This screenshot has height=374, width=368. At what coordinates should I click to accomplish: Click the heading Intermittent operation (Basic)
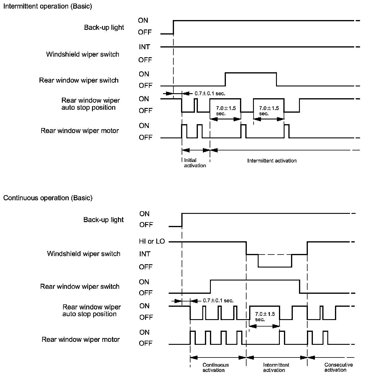pos(47,6)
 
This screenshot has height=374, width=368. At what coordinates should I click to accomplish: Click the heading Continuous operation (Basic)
pos(48,198)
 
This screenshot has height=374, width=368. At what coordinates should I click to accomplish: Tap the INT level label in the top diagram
pos(144,47)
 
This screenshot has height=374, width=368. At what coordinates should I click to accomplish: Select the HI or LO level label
pos(152,242)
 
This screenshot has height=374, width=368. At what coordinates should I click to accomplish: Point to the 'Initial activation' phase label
pos(195,163)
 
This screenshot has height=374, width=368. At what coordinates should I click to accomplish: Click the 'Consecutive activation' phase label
pos(339,367)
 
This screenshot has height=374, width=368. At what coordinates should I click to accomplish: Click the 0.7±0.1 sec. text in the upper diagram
pos(210,93)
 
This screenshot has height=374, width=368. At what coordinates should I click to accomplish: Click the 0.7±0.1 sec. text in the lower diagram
pos(218,301)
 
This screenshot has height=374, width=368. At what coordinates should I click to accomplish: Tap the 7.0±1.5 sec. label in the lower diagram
pos(265,316)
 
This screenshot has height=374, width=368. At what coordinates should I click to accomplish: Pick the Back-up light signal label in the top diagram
pos(104,27)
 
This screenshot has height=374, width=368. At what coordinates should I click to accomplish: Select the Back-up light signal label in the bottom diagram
pos(103,220)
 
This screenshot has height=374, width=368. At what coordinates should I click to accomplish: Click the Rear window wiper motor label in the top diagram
pos(80,131)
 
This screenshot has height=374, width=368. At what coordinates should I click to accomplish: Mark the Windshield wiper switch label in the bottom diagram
pos(84,254)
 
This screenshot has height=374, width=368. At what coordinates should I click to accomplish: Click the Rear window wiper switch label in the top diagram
pos(79,80)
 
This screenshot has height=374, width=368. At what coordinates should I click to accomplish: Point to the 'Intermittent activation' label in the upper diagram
pos(272,161)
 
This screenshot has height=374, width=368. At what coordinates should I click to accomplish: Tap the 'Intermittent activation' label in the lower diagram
pos(276,368)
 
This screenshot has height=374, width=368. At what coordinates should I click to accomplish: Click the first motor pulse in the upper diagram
pos(184,131)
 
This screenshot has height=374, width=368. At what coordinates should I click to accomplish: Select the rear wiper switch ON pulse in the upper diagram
pos(251,73)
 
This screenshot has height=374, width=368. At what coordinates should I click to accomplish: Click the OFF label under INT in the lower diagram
pos(146,267)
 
